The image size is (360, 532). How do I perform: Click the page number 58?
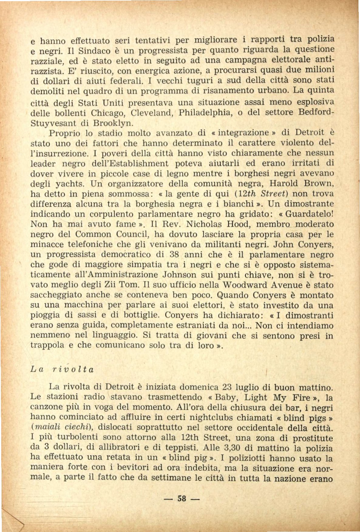coord(182,498)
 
